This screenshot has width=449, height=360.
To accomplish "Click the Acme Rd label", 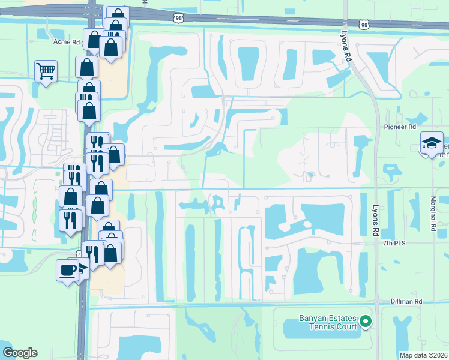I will point(67,42).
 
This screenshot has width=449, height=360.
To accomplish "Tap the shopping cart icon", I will point(46,71).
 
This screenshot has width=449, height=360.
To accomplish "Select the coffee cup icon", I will point(67,269).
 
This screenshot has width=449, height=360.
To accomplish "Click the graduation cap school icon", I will point(431,143).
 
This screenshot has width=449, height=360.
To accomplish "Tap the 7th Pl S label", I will point(395,244).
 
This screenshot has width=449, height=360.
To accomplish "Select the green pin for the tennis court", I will point(365,323).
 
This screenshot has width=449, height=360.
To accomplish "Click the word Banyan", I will point(312,318).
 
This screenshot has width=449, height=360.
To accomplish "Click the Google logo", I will point(20,353).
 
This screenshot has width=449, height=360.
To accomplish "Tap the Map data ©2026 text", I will point(424,355).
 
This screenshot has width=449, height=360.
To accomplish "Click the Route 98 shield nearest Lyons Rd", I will point(364,25).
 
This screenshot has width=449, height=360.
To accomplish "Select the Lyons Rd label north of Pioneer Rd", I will point(346,46).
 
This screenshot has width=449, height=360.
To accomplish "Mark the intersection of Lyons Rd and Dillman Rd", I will point(376,302).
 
